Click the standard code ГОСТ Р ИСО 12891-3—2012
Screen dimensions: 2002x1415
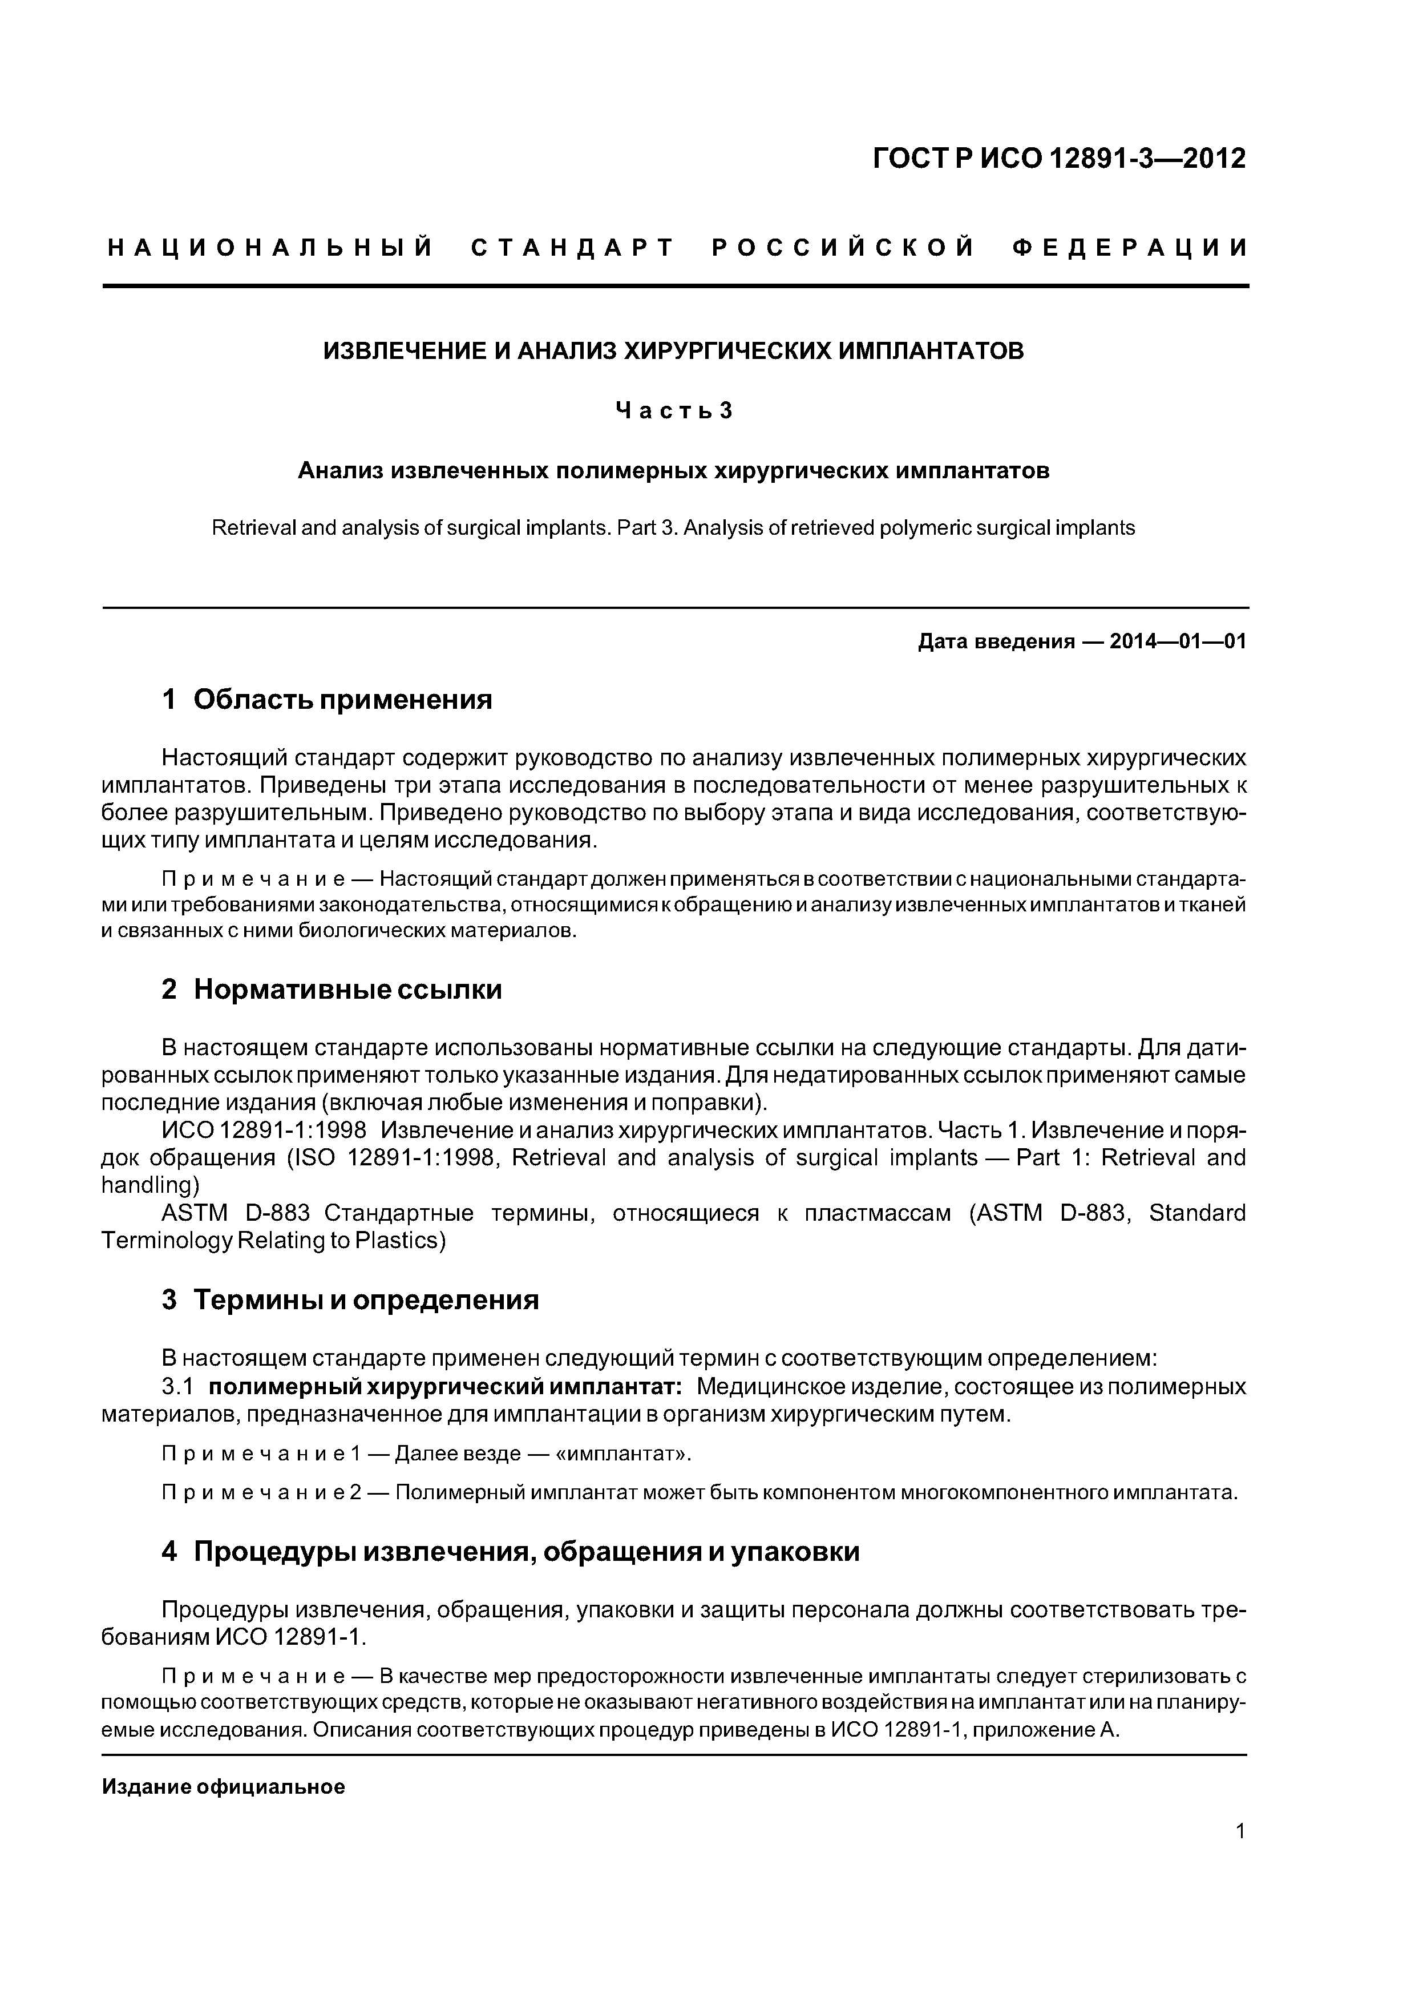pyautogui.click(x=1060, y=159)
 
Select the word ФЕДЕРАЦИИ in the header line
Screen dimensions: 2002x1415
pyautogui.click(x=1130, y=248)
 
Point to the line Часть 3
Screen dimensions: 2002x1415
pyautogui.click(x=674, y=411)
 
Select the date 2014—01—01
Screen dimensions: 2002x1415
pyautogui.click(x=1177, y=643)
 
